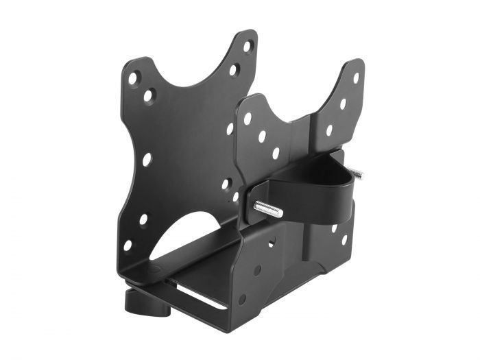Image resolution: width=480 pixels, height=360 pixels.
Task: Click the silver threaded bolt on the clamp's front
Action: coord(268,208)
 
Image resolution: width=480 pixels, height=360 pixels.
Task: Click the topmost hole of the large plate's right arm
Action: coord(248,46)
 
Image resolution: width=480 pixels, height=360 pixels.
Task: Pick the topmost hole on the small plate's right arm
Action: coord(355,77)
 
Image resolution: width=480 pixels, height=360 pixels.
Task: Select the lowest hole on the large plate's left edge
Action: coord(128,245)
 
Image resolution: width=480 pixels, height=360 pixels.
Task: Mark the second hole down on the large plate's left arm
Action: coord(149,95)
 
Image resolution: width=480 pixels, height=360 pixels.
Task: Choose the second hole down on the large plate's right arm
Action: coord(234,69)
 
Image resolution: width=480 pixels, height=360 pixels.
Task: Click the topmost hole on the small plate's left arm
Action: coord(248,119)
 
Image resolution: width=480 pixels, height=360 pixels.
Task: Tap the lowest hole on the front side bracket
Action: coord(242,300)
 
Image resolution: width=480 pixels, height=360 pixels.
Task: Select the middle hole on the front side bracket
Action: coord(257,270)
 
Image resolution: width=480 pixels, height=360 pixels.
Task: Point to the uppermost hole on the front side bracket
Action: coord(272,241)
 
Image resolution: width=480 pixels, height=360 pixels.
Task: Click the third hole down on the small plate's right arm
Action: coord(330,130)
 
